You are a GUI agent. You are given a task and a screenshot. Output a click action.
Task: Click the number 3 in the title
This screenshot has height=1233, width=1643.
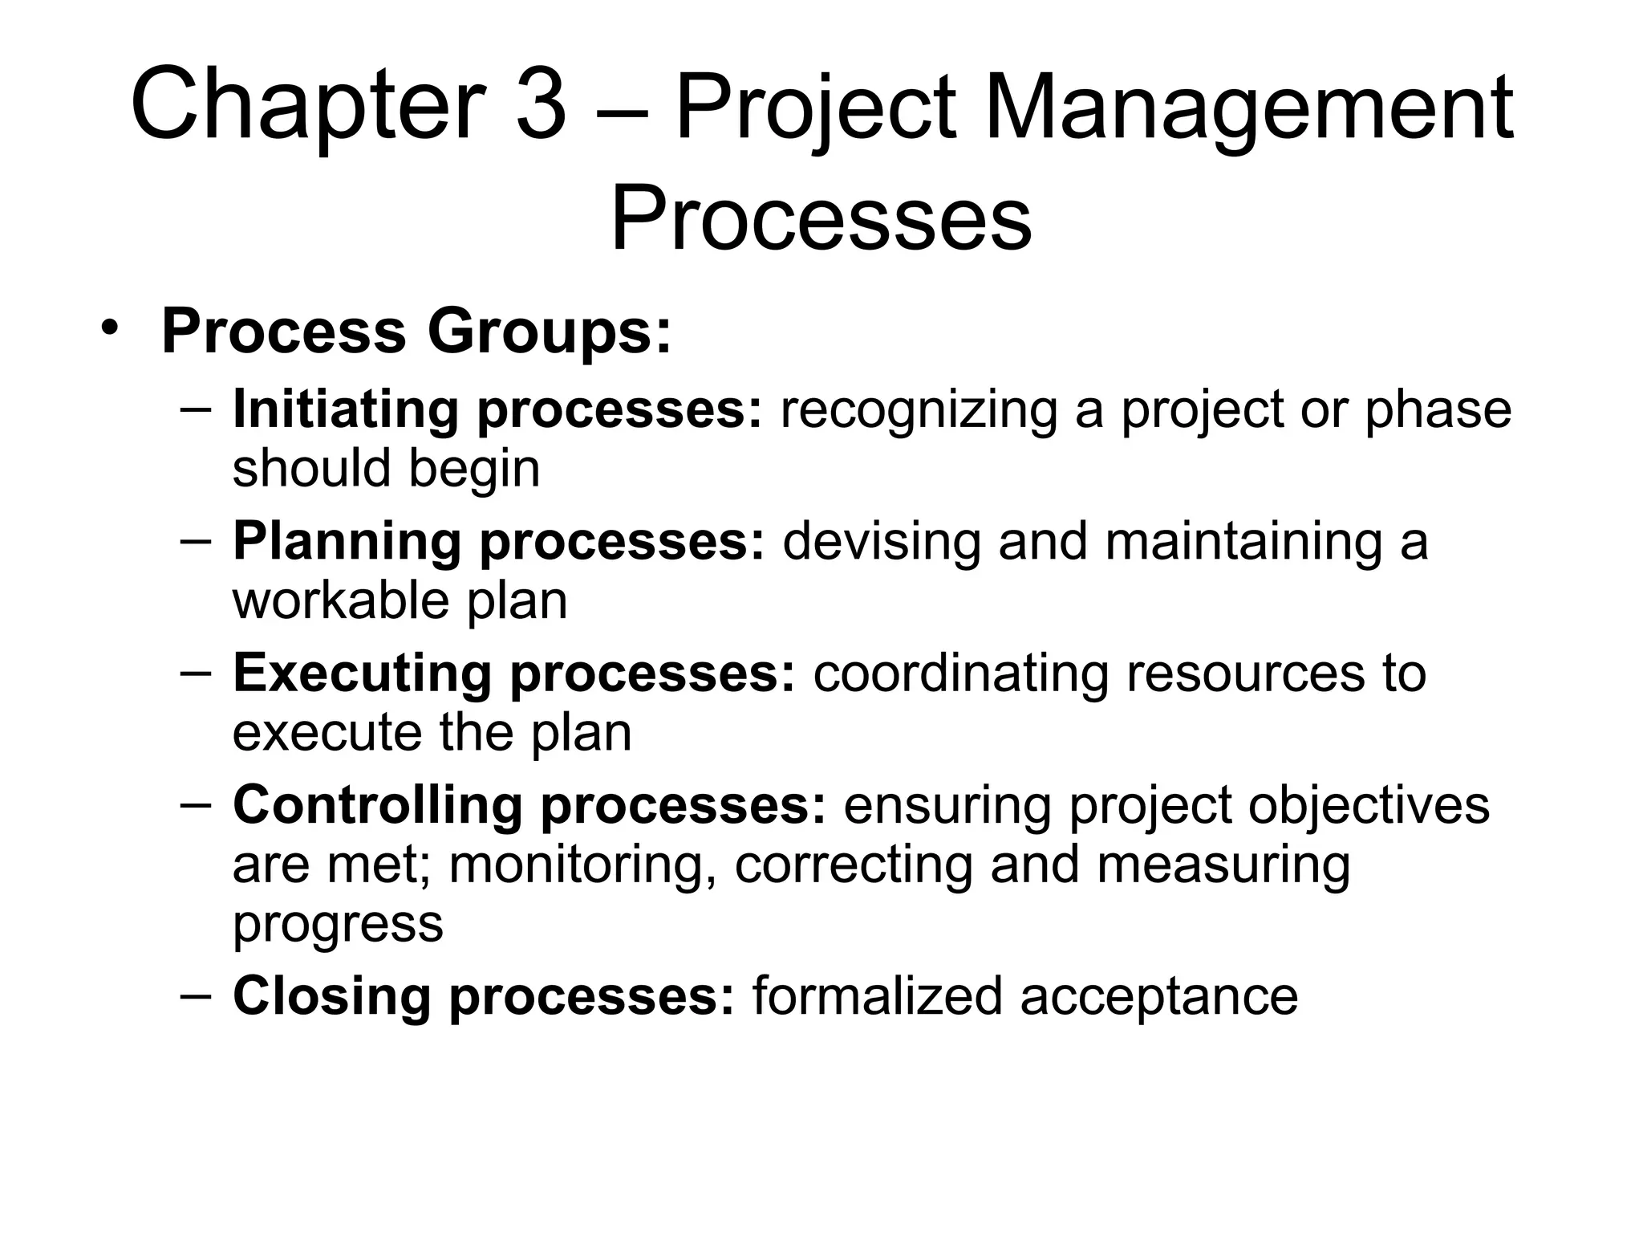click(541, 106)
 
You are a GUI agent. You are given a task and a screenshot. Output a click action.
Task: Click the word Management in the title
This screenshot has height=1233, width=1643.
click(1248, 108)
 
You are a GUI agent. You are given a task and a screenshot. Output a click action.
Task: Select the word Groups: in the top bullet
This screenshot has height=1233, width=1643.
click(549, 332)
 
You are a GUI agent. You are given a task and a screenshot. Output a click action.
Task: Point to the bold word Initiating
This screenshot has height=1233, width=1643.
click(347, 409)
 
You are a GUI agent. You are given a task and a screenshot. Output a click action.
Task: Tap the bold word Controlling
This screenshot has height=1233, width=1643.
click(377, 805)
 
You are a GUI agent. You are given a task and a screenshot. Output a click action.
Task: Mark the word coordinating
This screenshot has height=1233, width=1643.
click(961, 673)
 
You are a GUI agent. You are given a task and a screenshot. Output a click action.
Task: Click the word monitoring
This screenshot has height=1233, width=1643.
click(582, 865)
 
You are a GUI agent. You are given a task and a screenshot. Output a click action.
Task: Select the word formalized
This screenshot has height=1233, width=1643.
click(877, 996)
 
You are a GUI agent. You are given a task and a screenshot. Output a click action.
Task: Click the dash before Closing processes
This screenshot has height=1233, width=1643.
click(197, 995)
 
